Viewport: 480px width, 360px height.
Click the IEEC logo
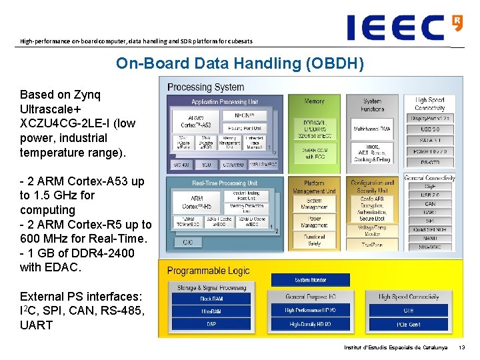(404, 27)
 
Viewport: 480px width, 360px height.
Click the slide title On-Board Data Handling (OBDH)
(240, 63)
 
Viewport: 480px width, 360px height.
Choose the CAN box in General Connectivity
(430, 204)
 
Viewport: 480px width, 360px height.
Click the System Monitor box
(311, 280)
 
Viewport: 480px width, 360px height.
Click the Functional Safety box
(314, 240)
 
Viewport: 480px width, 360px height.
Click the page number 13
(463, 348)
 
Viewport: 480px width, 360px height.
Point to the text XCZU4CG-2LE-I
(68, 123)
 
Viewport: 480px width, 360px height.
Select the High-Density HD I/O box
(310, 324)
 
